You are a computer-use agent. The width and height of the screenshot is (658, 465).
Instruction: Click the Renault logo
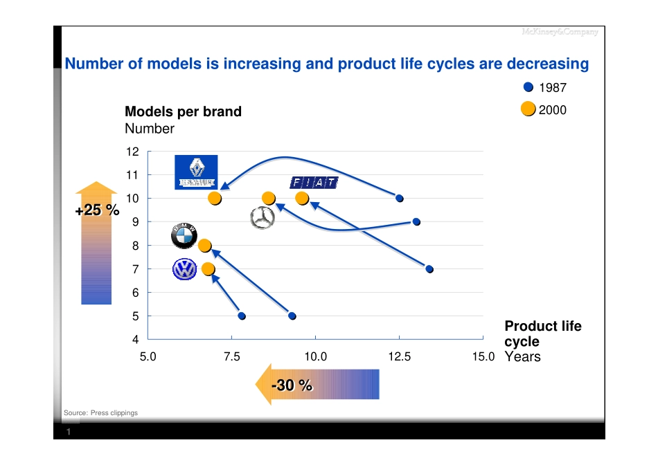(x=196, y=172)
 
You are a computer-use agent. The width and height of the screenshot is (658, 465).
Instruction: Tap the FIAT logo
(x=314, y=183)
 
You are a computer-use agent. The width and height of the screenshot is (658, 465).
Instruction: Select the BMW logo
(x=184, y=237)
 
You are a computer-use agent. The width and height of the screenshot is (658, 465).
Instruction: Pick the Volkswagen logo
(x=185, y=269)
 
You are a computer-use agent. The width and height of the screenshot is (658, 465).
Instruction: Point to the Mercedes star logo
(x=262, y=217)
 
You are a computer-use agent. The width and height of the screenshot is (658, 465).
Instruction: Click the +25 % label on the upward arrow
(x=96, y=210)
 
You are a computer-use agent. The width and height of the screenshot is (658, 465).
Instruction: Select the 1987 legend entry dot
(x=528, y=88)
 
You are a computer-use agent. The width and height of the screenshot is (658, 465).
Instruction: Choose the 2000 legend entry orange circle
(x=528, y=109)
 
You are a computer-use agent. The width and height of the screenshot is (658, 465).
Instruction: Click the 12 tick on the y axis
(x=134, y=152)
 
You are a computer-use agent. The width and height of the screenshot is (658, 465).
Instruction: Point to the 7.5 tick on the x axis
(x=231, y=357)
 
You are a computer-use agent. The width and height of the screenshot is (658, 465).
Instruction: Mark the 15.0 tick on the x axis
(x=482, y=357)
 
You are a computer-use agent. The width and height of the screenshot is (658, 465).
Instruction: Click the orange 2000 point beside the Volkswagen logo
(x=208, y=268)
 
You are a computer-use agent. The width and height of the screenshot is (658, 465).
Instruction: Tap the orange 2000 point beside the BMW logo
(x=204, y=246)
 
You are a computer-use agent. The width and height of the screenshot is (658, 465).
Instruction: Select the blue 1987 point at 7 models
(x=429, y=269)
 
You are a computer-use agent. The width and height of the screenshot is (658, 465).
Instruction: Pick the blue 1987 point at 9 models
(x=416, y=222)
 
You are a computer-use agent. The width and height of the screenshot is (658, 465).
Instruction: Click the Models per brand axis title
(x=183, y=111)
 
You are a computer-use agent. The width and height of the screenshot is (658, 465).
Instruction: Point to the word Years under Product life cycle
(x=522, y=357)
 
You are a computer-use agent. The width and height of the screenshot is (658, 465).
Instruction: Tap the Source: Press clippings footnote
(x=100, y=413)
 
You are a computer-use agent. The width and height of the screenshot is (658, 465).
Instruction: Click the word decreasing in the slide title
(x=548, y=64)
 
